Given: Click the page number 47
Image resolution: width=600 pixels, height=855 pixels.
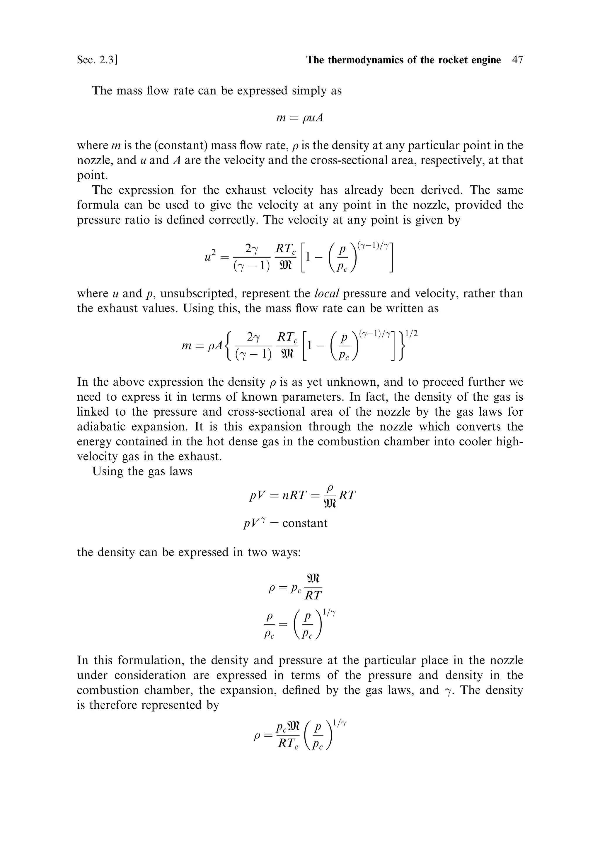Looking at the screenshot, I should tap(517, 60).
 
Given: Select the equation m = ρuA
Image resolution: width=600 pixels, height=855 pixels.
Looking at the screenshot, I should tap(299, 118).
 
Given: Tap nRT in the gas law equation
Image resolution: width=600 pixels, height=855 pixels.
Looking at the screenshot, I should tap(294, 495).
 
